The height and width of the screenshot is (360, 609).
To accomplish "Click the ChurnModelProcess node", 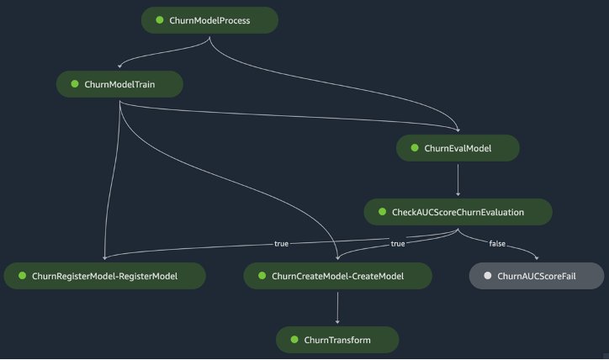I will click(209, 20).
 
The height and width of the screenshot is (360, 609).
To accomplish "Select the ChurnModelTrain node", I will click(119, 85).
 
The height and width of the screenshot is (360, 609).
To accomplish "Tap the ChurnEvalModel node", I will click(458, 148).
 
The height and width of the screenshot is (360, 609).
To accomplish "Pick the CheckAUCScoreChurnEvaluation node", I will click(458, 213).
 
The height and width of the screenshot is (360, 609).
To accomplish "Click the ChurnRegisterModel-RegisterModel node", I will click(104, 276).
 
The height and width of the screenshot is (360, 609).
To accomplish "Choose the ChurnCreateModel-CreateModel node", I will click(337, 276).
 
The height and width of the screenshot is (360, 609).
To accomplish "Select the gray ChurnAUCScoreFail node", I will click(537, 276).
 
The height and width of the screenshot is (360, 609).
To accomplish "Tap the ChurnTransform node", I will click(337, 340).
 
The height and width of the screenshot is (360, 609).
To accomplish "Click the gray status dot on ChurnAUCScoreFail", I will click(487, 276).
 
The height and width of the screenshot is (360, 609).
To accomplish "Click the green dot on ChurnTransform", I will click(294, 340).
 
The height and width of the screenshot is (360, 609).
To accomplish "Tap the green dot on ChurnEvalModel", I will click(414, 148).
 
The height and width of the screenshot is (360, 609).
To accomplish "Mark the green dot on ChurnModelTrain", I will click(74, 85).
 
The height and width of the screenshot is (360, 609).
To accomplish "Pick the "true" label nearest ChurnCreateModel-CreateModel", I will click(397, 244).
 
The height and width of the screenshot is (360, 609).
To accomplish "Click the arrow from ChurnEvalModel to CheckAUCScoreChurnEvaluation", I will click(458, 180).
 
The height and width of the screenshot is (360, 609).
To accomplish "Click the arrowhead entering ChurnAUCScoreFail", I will click(536, 259).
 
